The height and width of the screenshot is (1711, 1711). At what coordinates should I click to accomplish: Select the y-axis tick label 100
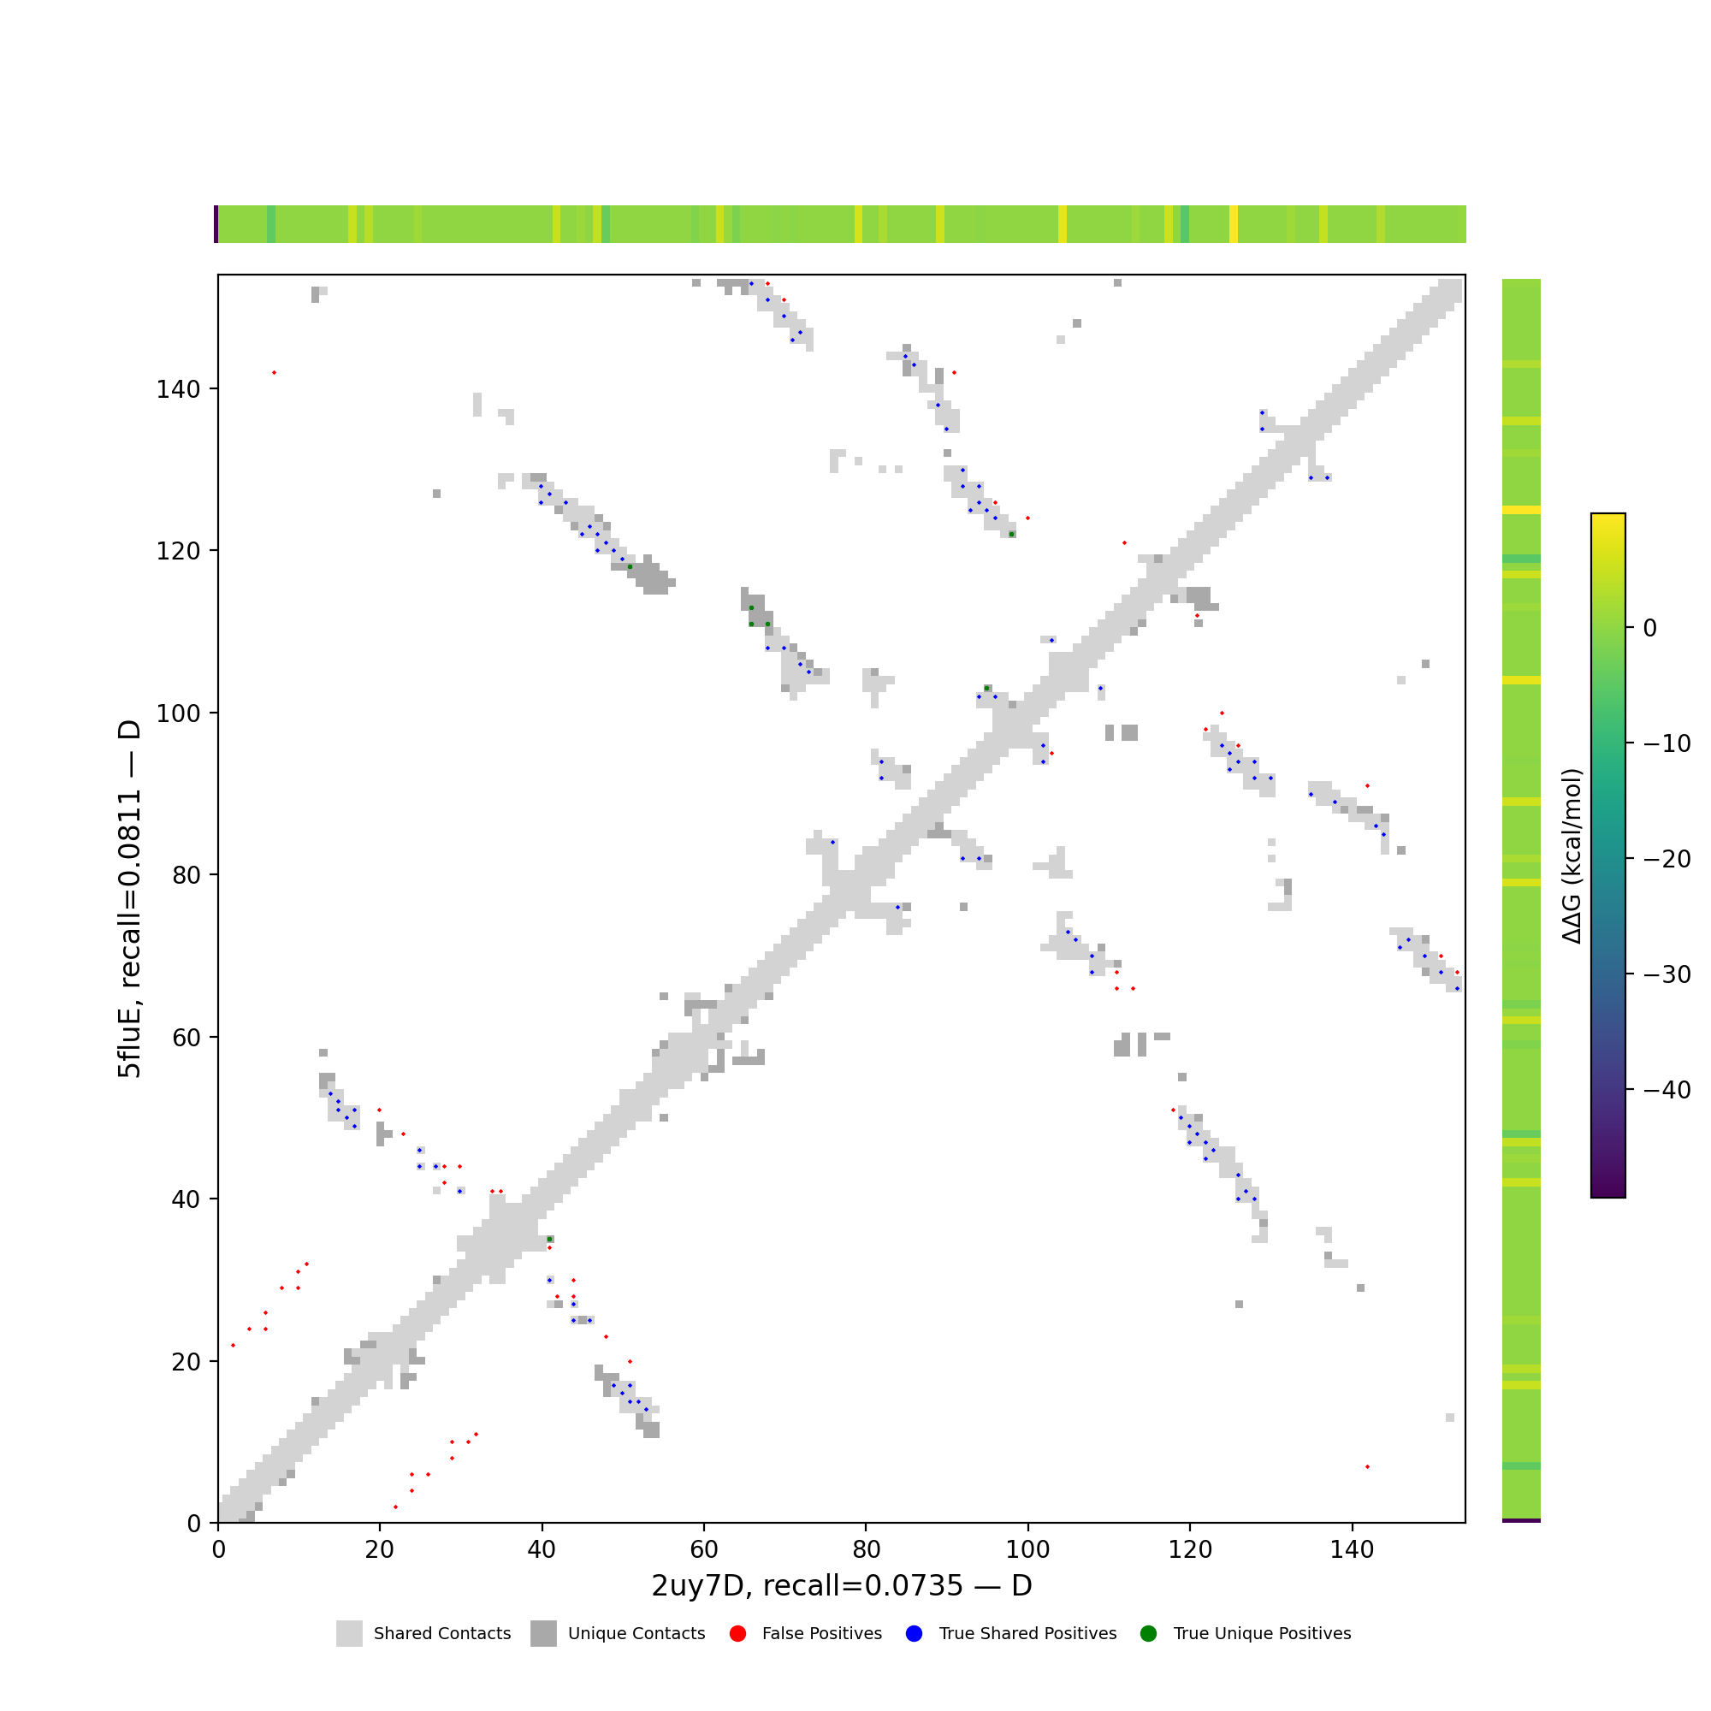178,713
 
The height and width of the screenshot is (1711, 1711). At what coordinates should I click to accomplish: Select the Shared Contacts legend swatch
349,1634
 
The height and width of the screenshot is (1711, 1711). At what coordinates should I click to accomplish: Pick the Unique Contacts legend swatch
544,1634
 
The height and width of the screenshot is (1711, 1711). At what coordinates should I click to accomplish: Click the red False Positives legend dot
737,1634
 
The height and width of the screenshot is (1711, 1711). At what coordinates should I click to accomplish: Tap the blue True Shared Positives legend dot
914,1634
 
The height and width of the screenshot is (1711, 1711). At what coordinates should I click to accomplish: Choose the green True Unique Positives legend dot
1149,1634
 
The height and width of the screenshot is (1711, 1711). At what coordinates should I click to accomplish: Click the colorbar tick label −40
1667,1090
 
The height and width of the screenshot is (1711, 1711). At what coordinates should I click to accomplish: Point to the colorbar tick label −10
1667,744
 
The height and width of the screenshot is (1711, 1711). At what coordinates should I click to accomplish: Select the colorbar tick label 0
1650,628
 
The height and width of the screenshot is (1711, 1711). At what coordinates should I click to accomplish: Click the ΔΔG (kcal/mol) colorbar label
1572,855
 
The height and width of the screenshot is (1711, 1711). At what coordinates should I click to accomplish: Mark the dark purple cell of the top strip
216,224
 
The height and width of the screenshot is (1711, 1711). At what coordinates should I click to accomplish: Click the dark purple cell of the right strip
1520,1520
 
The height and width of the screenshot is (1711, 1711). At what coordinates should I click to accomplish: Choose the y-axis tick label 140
178,388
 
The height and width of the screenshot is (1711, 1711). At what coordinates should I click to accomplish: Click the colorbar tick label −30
1667,975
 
